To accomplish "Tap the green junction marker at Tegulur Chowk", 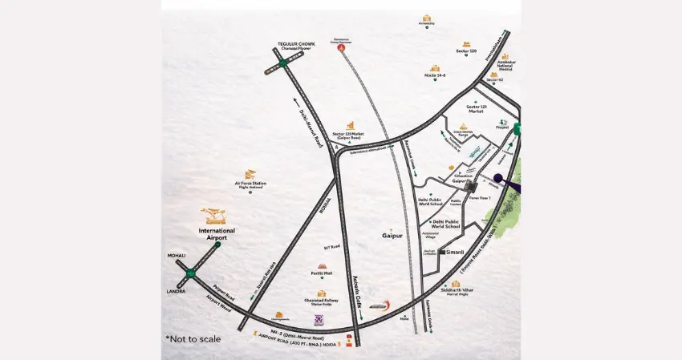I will coord(282,63).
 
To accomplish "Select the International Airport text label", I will coord(212,234).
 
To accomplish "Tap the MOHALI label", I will coord(177,256).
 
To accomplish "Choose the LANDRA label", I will coord(176,291).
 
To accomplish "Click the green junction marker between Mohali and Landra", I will coord(191,274).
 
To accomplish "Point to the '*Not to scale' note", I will coord(193,339).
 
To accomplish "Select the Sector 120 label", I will coord(466,51).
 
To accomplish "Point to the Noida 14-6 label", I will coord(435,75).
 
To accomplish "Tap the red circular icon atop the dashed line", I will coord(343,48).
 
